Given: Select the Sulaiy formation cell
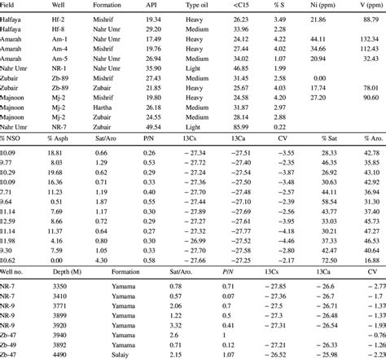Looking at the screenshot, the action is click(102, 354).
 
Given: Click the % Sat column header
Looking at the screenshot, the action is click(330, 141).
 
